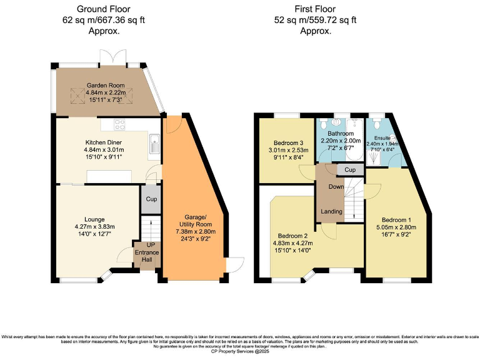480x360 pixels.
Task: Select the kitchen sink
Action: (x=154, y=147)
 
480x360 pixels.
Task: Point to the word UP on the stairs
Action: (x=150, y=244)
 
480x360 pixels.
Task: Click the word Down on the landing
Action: (x=336, y=187)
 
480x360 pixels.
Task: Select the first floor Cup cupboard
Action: (x=350, y=170)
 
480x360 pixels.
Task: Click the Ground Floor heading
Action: (x=104, y=9)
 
